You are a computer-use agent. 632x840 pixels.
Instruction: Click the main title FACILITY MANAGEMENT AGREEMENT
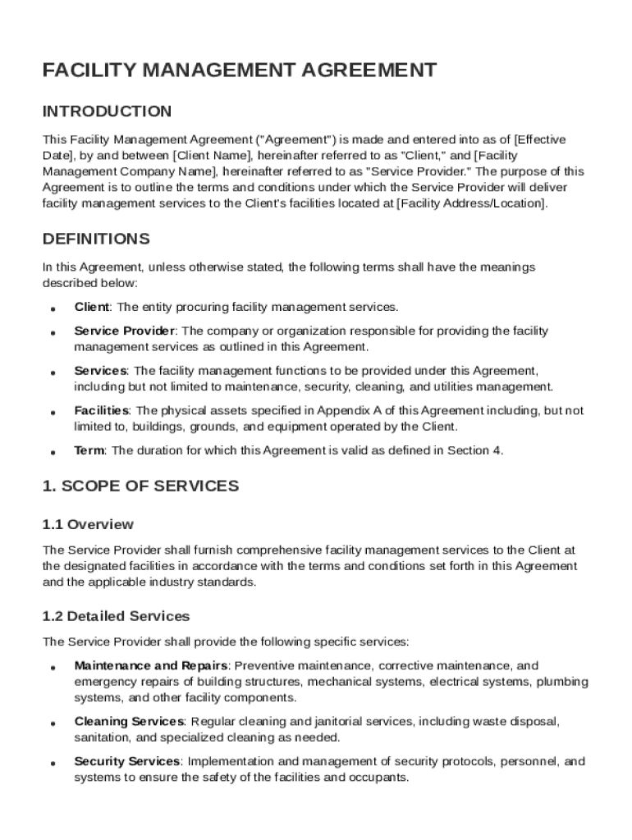pyautogui.click(x=239, y=71)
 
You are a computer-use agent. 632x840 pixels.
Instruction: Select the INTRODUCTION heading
pyautogui.click(x=107, y=112)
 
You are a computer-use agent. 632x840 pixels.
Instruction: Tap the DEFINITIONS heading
pyautogui.click(x=96, y=240)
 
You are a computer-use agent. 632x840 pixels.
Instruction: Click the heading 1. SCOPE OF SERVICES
pyautogui.click(x=140, y=486)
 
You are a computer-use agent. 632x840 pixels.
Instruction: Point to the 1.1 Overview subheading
pyautogui.click(x=88, y=524)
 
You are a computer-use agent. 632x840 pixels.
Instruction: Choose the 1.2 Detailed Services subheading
pyautogui.click(x=116, y=616)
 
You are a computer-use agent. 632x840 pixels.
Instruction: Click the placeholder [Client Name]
pyautogui.click(x=213, y=156)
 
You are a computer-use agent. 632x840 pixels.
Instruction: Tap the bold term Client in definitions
pyautogui.click(x=91, y=307)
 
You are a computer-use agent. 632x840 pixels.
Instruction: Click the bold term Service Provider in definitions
pyautogui.click(x=124, y=331)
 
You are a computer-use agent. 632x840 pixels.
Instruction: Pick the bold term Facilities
pyautogui.click(x=102, y=410)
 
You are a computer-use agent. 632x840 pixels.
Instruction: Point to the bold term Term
pyautogui.click(x=89, y=450)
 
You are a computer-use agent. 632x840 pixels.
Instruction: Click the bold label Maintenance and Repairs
pyautogui.click(x=150, y=666)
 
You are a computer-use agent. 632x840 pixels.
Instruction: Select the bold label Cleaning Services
pyautogui.click(x=129, y=722)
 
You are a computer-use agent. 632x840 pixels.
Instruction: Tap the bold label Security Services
pyautogui.click(x=127, y=761)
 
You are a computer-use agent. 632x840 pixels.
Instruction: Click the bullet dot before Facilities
pyautogui.click(x=52, y=413)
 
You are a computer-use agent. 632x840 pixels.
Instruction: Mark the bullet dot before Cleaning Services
pyautogui.click(x=52, y=724)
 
